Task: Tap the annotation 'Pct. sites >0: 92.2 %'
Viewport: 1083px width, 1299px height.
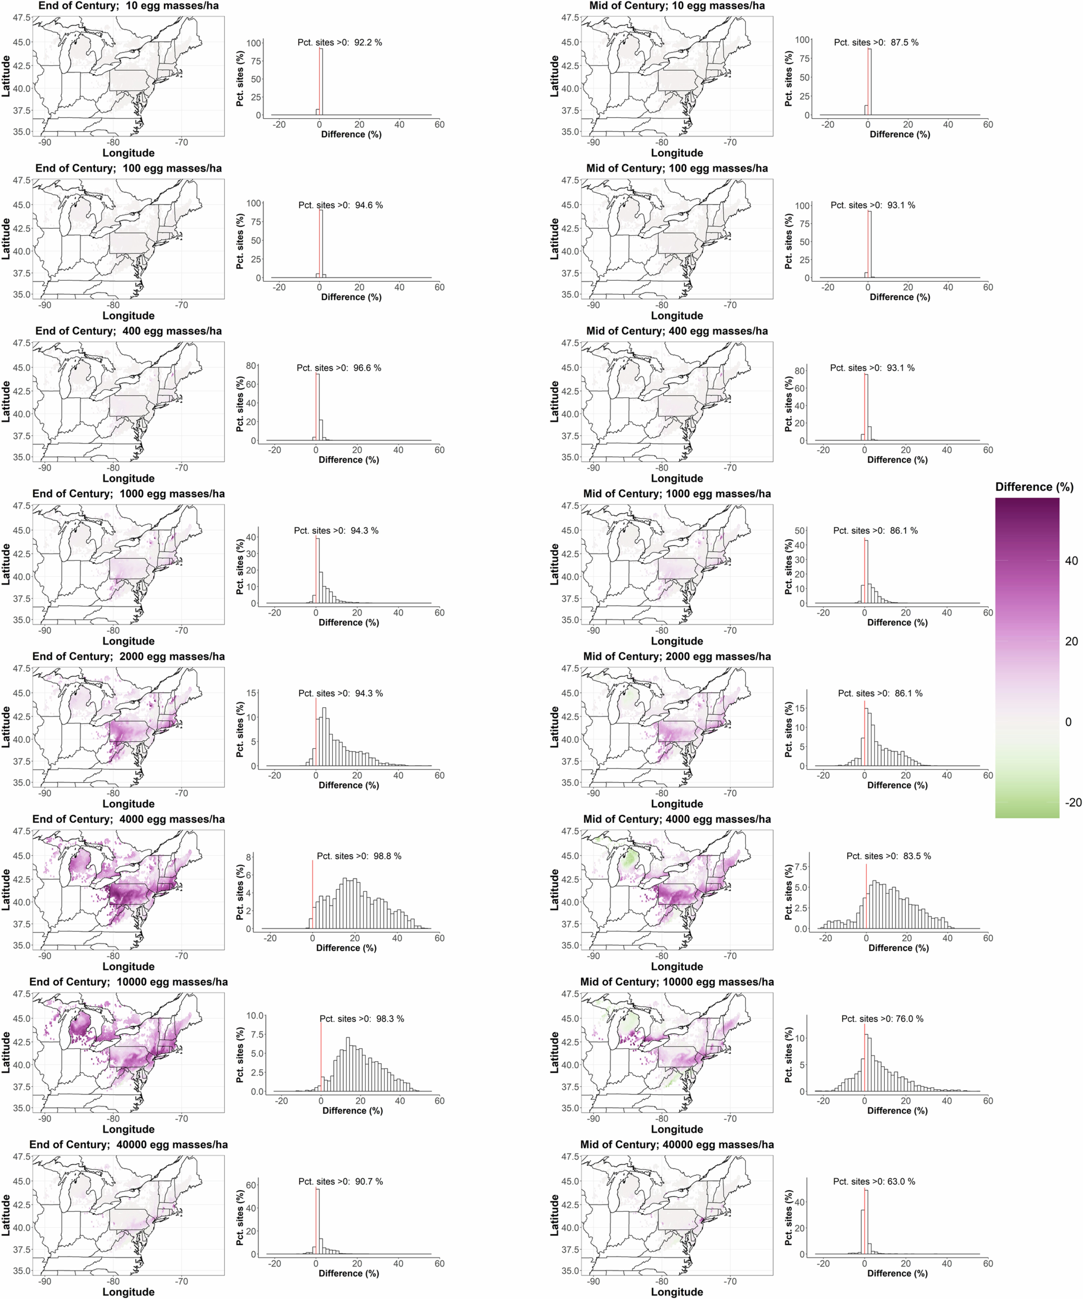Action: pyautogui.click(x=340, y=43)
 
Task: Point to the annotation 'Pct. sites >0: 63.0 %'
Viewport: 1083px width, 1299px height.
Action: pyautogui.click(x=874, y=1181)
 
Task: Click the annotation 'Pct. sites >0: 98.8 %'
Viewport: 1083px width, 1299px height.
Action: pyautogui.click(x=359, y=856)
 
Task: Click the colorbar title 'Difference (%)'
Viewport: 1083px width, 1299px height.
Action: pyautogui.click(x=1034, y=487)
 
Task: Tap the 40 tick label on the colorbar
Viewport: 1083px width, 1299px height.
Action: pyautogui.click(x=1071, y=561)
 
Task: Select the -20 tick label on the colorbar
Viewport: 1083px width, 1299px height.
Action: pyautogui.click(x=1073, y=803)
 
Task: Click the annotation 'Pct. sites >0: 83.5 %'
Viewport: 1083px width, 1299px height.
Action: pyautogui.click(x=889, y=856)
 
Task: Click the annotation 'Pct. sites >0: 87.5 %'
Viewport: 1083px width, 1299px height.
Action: pyautogui.click(x=876, y=43)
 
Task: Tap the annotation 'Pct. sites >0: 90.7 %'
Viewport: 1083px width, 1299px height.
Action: pyautogui.click(x=340, y=1181)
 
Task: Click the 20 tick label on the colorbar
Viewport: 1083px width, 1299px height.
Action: pyautogui.click(x=1071, y=642)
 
